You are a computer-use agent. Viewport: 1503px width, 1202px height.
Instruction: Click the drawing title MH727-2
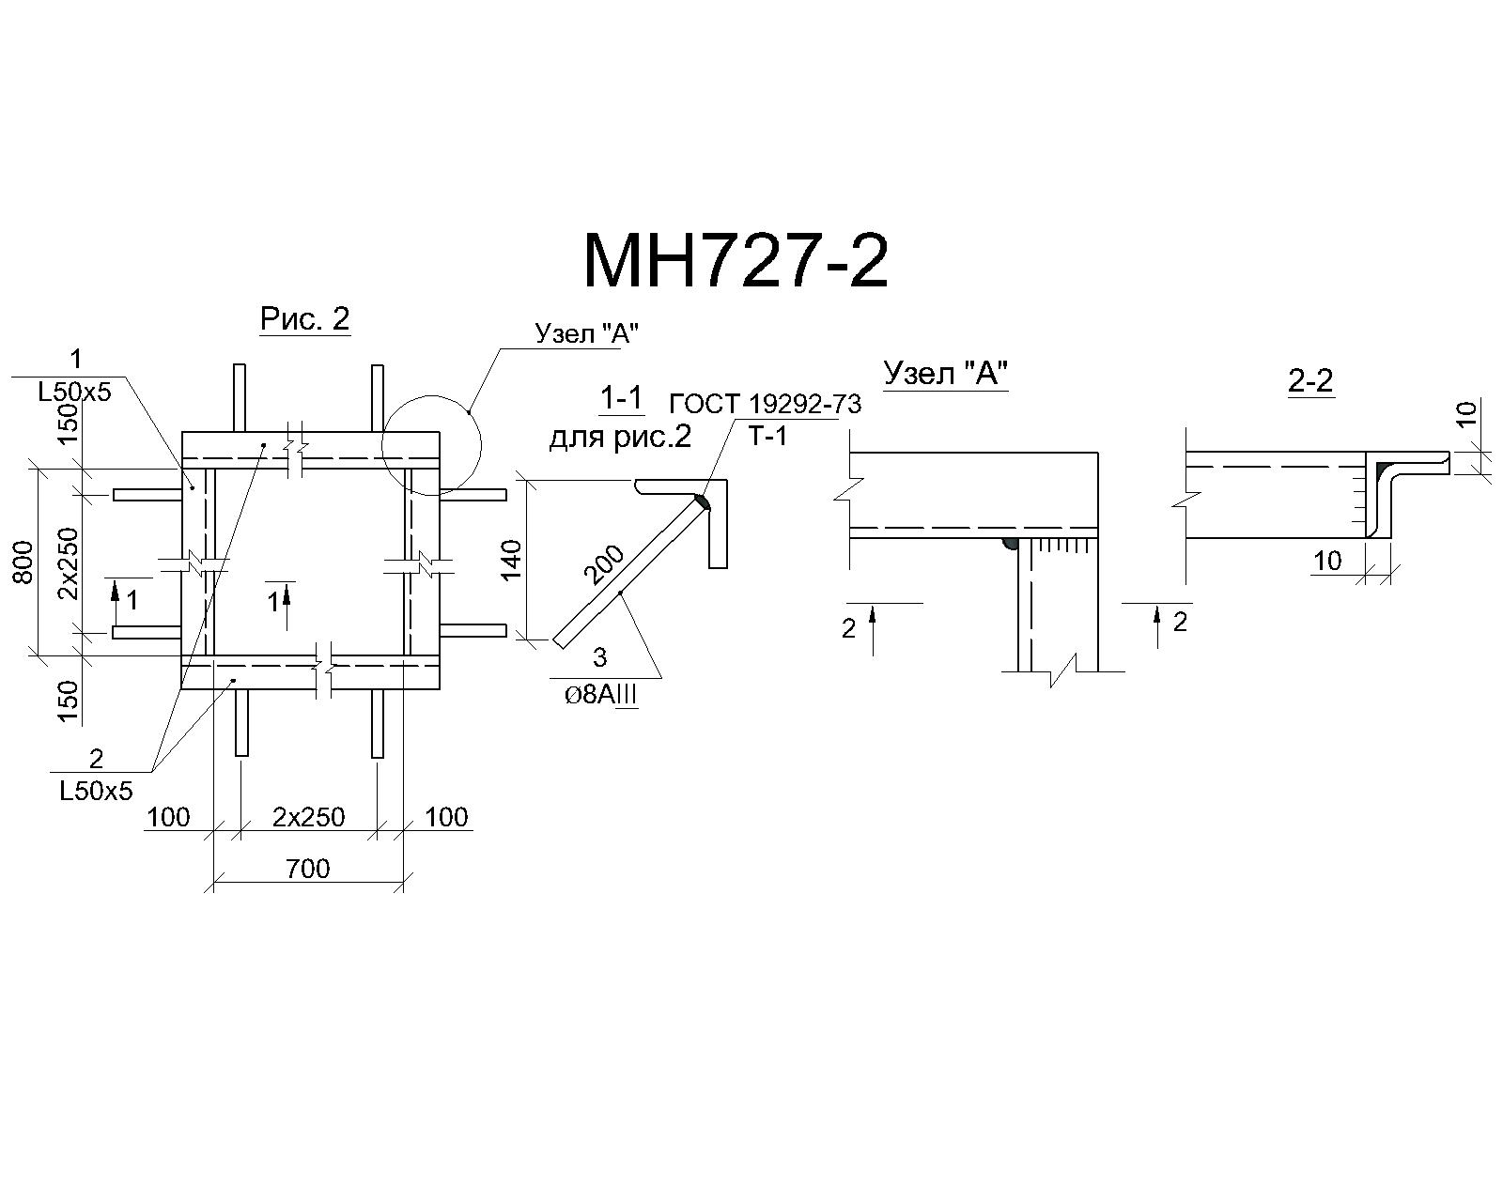click(x=736, y=261)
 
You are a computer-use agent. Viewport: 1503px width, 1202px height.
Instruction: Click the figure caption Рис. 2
click(x=304, y=319)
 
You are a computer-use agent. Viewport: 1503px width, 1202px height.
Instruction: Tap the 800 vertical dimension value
click(x=23, y=562)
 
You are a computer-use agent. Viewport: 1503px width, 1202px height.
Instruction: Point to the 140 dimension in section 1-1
click(x=512, y=559)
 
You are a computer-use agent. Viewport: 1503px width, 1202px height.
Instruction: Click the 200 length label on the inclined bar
click(x=604, y=564)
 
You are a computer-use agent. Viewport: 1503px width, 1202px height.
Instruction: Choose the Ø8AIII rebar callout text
click(x=601, y=696)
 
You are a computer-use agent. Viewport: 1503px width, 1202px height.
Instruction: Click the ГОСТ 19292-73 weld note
click(x=766, y=404)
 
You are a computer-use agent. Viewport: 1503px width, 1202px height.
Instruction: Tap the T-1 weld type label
click(x=768, y=437)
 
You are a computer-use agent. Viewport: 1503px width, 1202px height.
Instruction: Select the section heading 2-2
click(x=1310, y=380)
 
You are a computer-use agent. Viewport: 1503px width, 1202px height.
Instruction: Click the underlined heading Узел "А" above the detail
click(x=946, y=374)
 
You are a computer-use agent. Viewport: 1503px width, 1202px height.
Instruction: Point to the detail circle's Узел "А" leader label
click(x=587, y=333)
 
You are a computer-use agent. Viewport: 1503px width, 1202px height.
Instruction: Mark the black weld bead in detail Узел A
click(x=1009, y=544)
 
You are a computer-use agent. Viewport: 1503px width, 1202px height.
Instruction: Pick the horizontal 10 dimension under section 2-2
click(x=1327, y=560)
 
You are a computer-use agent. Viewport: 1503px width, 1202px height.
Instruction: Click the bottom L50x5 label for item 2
click(x=96, y=792)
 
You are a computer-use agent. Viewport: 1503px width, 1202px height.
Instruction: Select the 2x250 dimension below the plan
click(x=308, y=817)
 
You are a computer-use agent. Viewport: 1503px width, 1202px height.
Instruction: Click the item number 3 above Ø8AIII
click(x=599, y=658)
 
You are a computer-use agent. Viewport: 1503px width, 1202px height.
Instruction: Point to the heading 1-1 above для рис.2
click(x=621, y=398)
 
